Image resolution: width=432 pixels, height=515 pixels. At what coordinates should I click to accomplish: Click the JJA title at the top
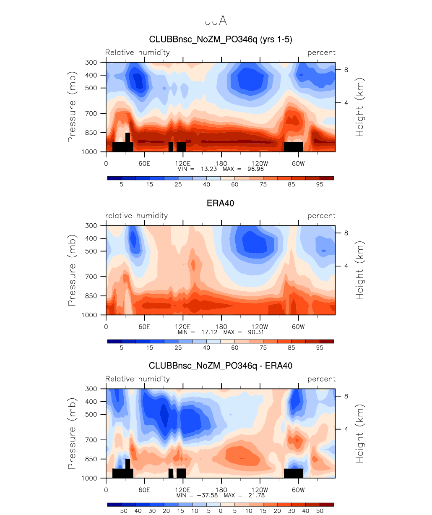(x=216, y=21)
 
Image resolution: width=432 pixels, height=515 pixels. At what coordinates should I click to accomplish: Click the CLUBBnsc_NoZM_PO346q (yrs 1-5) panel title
(x=221, y=39)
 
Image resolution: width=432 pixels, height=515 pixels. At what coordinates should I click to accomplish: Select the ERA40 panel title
(x=220, y=203)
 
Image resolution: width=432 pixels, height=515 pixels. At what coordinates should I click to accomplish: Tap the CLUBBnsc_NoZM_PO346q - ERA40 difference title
(x=221, y=366)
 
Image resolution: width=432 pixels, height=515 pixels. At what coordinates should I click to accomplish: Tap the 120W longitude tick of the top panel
(x=260, y=163)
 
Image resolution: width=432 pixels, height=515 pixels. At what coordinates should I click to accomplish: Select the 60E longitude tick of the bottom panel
(x=144, y=490)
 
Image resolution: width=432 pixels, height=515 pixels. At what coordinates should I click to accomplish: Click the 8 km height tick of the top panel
(x=346, y=70)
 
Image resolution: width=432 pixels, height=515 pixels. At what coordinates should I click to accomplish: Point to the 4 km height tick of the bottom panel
(x=346, y=429)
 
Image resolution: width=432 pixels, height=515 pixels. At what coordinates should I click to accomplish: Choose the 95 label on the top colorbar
(x=320, y=185)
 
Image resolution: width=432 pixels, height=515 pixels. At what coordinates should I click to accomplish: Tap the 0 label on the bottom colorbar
(x=221, y=511)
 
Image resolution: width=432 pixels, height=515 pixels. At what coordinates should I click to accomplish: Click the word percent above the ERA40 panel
(x=321, y=216)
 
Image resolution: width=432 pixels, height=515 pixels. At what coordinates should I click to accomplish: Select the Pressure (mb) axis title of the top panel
(x=72, y=107)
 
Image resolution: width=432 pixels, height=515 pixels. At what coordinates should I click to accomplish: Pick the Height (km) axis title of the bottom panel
(x=359, y=434)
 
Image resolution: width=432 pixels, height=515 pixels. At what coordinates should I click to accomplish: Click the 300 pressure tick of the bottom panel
(x=91, y=389)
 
